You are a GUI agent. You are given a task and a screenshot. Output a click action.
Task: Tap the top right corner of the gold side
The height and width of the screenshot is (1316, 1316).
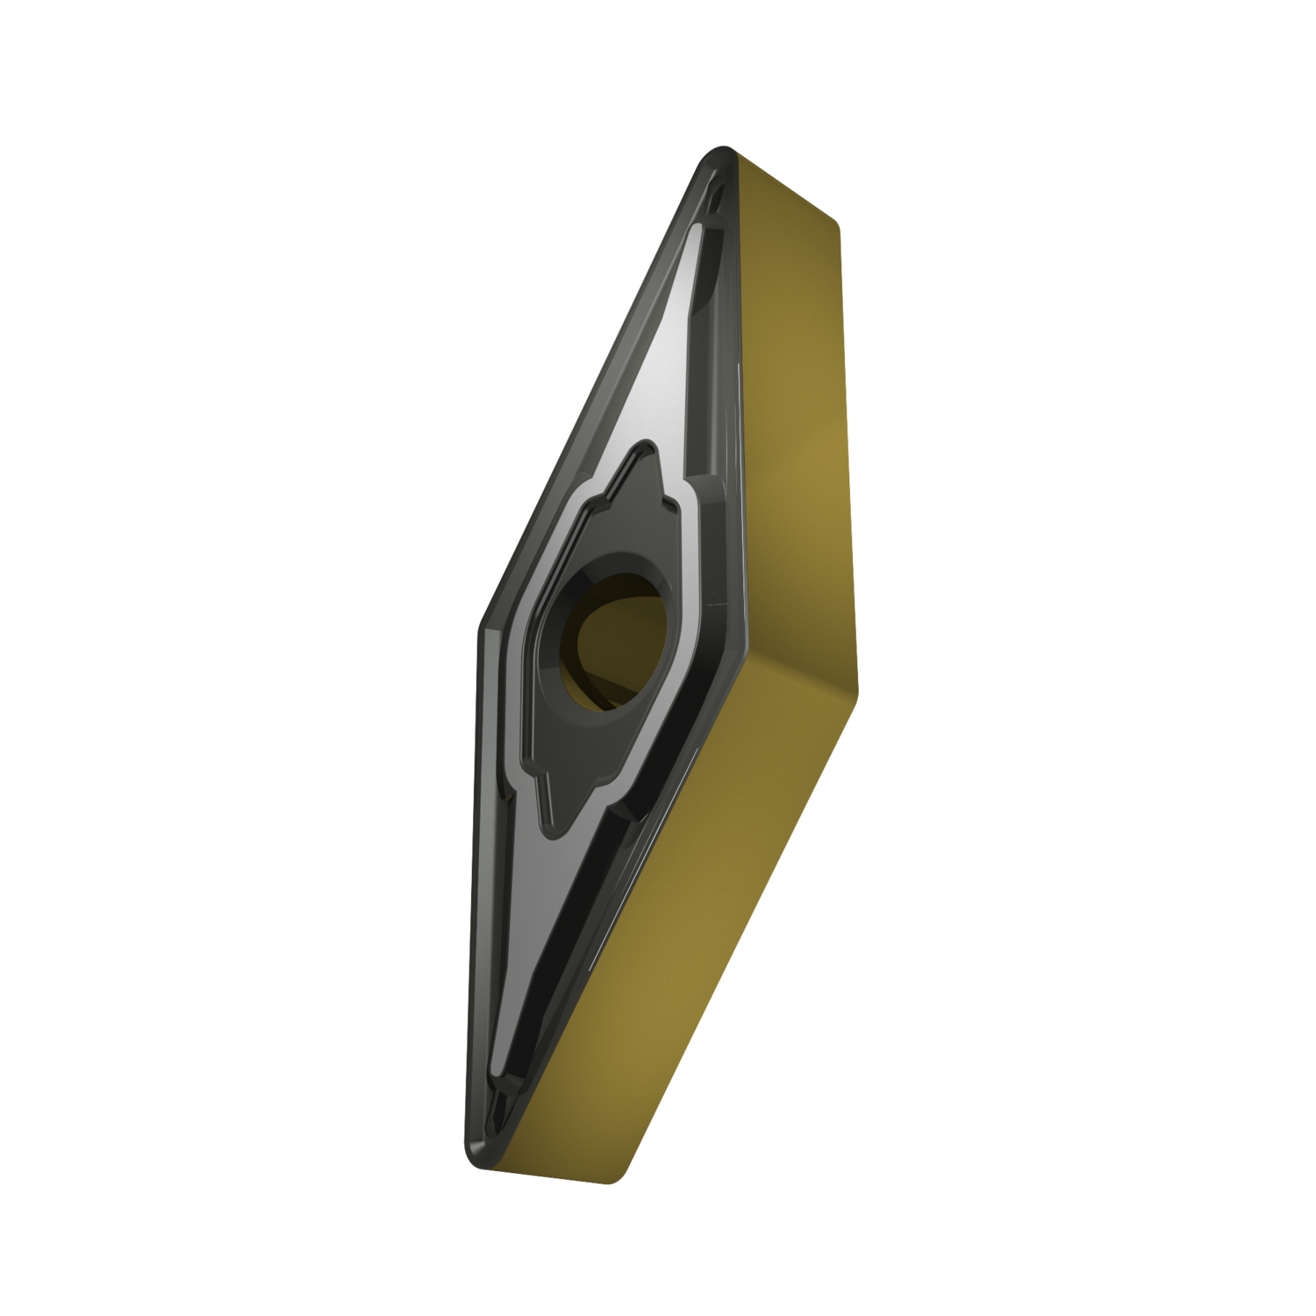[838, 224]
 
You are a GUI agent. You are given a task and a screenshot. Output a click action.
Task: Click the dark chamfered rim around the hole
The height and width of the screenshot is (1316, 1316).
[561, 640]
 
